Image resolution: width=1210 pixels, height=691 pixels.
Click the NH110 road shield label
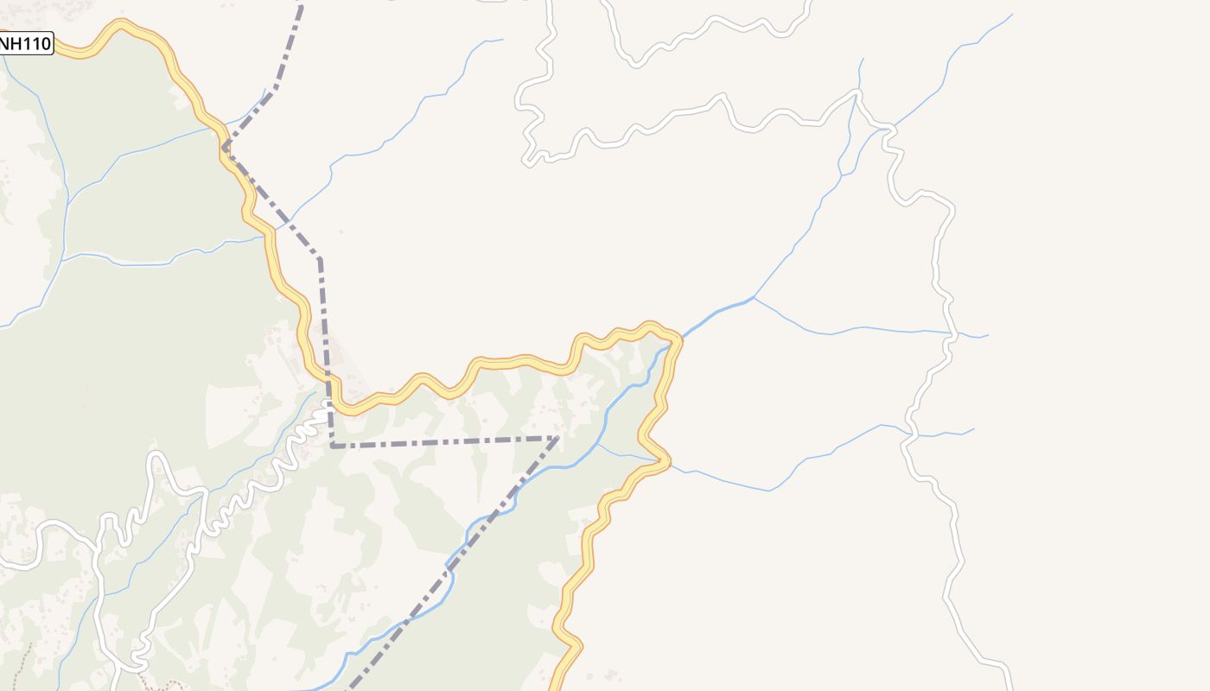(26, 43)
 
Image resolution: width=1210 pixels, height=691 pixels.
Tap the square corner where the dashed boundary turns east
(333, 446)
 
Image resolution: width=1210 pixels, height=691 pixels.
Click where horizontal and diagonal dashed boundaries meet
(557, 438)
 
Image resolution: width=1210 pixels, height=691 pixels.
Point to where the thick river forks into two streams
(754, 298)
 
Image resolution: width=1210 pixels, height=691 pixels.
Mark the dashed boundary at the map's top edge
(301, 4)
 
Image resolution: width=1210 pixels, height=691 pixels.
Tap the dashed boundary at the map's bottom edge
(349, 688)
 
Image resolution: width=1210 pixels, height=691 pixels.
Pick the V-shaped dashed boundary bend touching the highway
(225, 148)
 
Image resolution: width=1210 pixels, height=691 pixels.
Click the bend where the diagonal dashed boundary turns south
(320, 257)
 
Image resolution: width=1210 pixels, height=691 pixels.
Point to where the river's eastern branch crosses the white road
(952, 333)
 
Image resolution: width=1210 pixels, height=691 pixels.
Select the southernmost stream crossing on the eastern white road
(909, 434)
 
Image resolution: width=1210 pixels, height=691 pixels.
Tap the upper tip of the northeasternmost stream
(1011, 15)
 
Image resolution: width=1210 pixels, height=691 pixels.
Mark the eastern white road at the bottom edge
(1009, 687)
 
